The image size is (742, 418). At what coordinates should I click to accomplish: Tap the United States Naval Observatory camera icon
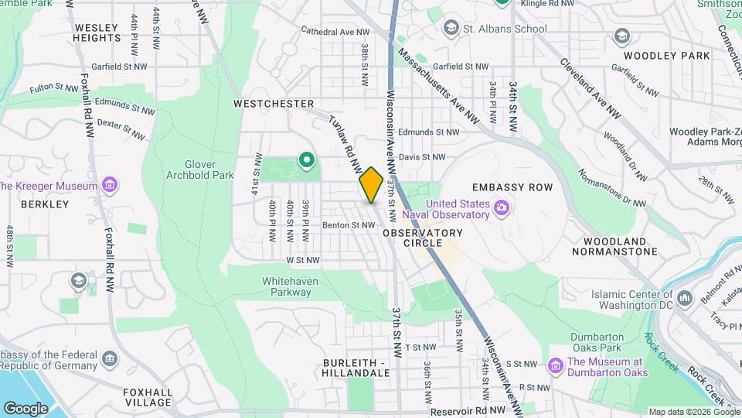(502, 207)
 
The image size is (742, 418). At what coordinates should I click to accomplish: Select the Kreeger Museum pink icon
(110, 185)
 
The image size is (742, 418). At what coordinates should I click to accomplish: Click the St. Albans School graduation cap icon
(450, 29)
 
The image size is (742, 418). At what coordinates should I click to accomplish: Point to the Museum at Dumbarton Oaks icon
(555, 365)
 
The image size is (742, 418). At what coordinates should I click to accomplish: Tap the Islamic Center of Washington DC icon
(683, 298)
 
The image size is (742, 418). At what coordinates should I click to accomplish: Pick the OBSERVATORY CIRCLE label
(422, 238)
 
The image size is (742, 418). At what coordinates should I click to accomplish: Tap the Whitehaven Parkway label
(286, 286)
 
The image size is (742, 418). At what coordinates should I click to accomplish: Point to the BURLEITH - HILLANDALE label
(356, 367)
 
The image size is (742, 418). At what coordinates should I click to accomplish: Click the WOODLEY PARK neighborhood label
(655, 56)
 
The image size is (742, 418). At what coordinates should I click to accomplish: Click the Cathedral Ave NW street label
(335, 32)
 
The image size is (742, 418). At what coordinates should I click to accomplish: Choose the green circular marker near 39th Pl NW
(306, 161)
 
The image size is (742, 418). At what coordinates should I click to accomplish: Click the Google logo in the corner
(26, 408)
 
